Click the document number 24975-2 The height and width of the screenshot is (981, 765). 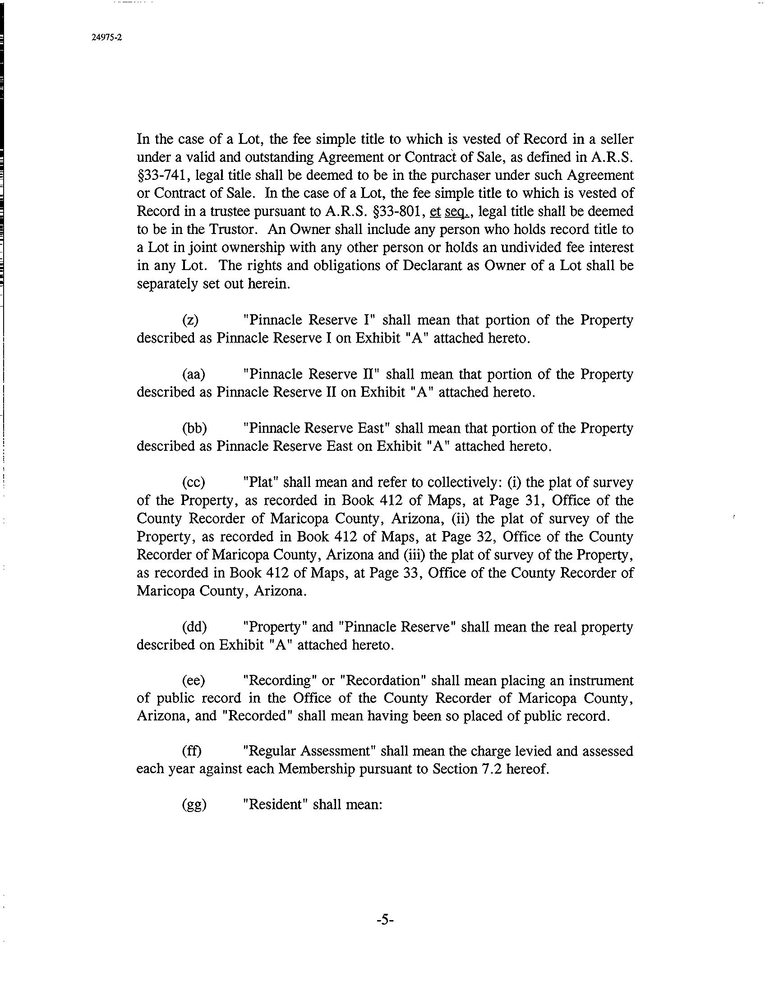click(106, 38)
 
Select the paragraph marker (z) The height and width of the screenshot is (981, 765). click(190, 320)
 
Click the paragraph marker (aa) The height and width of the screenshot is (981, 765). click(194, 374)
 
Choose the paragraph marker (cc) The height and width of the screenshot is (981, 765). click(194, 482)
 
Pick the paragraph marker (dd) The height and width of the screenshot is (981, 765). click(194, 627)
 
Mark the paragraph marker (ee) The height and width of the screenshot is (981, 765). click(194, 681)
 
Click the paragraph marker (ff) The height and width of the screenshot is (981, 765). click(192, 751)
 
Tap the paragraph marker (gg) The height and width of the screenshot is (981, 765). click(194, 805)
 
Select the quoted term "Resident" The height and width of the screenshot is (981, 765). click(275, 805)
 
